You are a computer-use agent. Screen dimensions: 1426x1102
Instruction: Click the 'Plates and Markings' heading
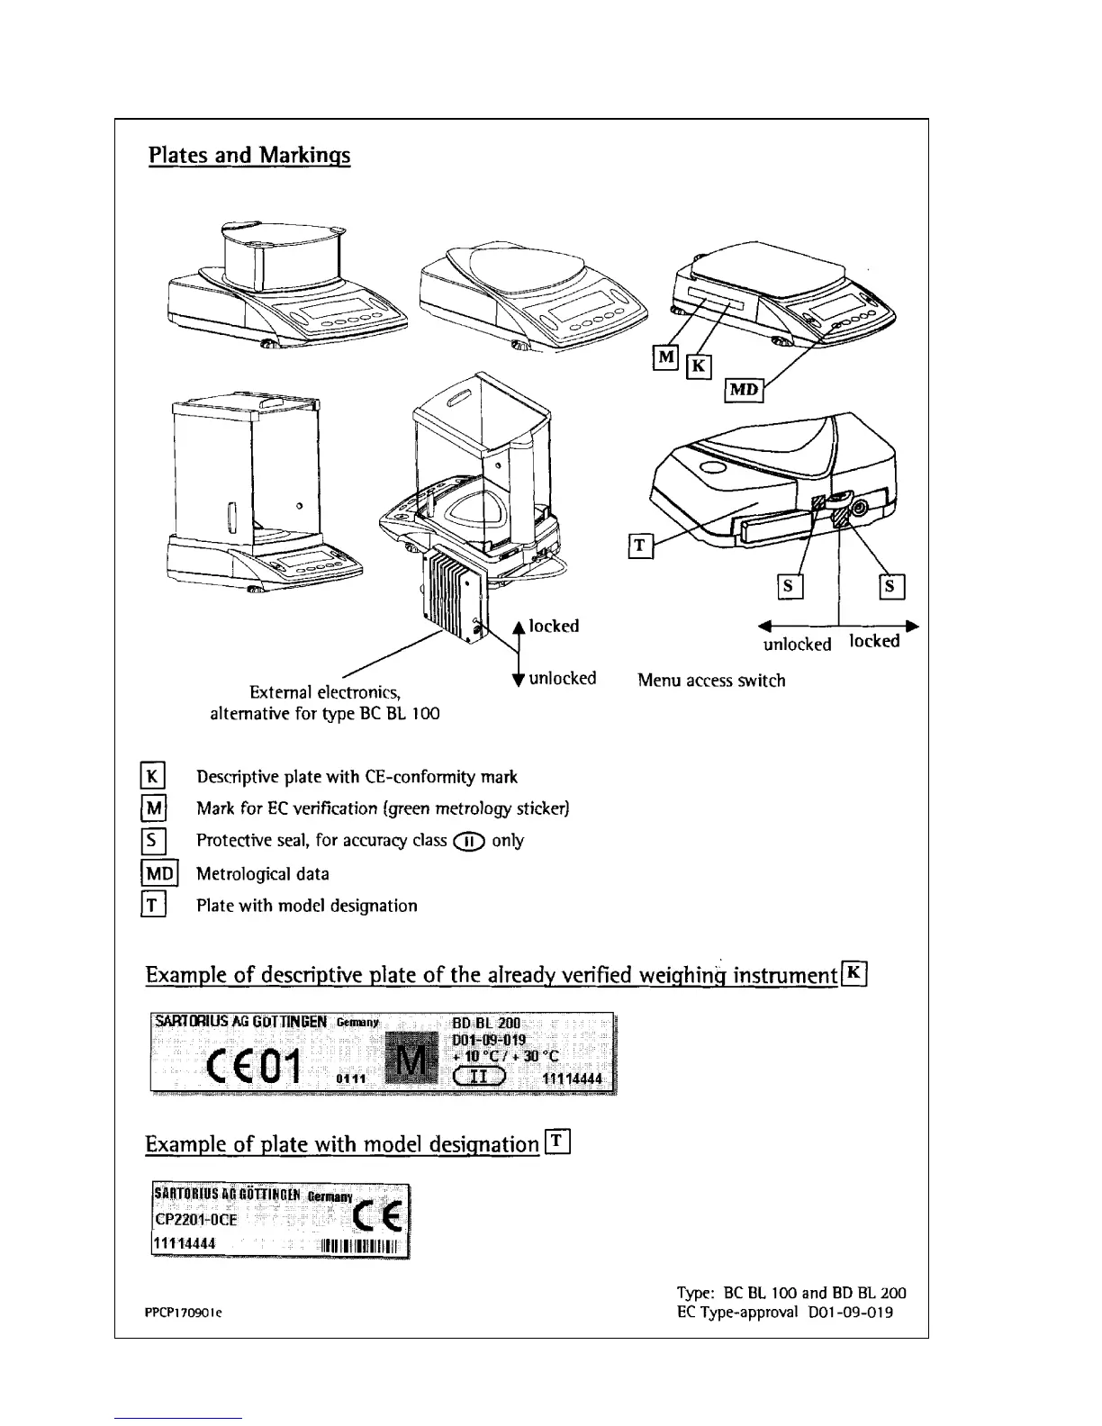(x=249, y=156)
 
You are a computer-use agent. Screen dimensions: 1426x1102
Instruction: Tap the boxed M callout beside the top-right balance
(x=664, y=357)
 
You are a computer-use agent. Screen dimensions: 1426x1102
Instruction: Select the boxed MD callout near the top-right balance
(x=744, y=390)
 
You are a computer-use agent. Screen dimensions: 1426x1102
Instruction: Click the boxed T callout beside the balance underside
(x=639, y=545)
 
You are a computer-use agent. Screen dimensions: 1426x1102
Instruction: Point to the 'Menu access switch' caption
(x=711, y=681)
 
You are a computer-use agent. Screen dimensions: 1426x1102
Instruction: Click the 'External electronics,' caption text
(x=324, y=692)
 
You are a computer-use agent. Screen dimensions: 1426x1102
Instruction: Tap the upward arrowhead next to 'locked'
(x=518, y=627)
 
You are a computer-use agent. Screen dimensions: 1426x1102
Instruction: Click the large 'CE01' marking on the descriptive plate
(x=253, y=1067)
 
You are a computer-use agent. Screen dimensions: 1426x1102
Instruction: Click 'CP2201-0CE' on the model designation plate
(x=196, y=1219)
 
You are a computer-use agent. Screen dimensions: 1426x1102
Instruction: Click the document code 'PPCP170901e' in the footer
(x=184, y=1313)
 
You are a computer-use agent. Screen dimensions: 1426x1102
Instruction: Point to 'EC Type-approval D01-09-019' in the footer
(x=784, y=1312)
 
